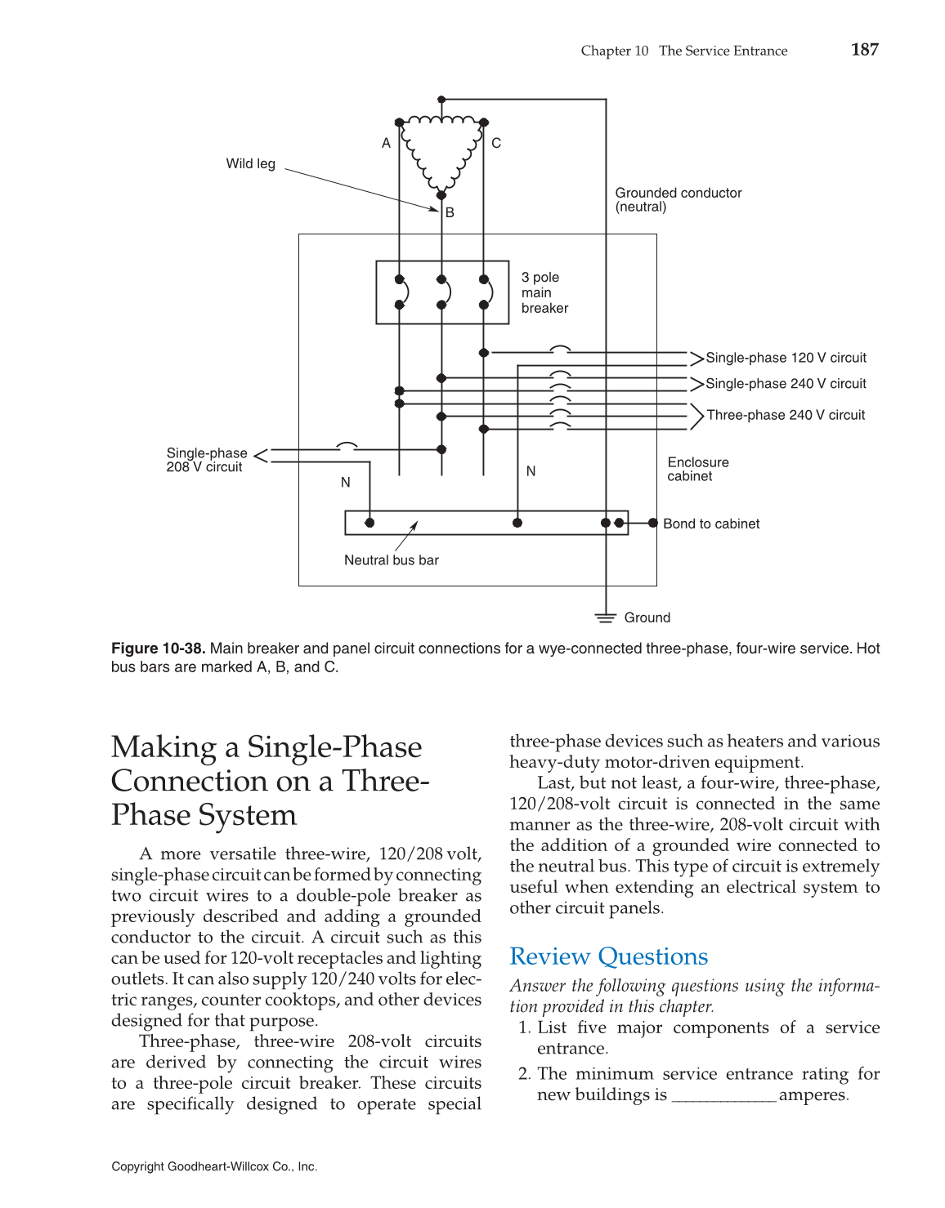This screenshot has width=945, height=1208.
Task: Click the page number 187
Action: coord(864,50)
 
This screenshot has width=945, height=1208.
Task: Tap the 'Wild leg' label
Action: coord(250,163)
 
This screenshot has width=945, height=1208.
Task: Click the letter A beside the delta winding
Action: coord(386,143)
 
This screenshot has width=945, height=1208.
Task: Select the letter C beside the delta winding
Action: coord(496,143)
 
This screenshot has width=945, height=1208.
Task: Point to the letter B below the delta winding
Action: coord(450,212)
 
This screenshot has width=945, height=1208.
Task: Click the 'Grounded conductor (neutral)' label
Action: coord(678,199)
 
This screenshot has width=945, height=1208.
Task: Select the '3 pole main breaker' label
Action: coord(544,292)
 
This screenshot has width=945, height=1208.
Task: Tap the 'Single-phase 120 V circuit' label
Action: coord(785,358)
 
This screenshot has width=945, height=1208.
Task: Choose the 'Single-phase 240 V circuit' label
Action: coord(785,384)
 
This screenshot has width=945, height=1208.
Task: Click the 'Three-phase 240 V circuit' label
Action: coord(785,415)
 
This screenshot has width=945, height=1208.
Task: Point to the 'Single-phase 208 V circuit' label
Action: coord(206,460)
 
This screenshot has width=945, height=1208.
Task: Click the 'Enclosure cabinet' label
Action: coord(697,469)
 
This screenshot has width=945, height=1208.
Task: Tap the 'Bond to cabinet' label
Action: coord(710,524)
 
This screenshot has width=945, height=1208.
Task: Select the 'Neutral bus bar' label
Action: coord(391,560)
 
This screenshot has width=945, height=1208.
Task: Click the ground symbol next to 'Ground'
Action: coord(605,617)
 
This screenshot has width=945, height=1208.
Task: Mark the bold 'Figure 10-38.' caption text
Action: coord(158,649)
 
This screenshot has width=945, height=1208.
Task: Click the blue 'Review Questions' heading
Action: coord(608,956)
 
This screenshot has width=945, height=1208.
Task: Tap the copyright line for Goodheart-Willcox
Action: coord(214,1166)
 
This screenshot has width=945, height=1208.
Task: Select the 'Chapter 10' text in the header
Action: coord(614,51)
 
